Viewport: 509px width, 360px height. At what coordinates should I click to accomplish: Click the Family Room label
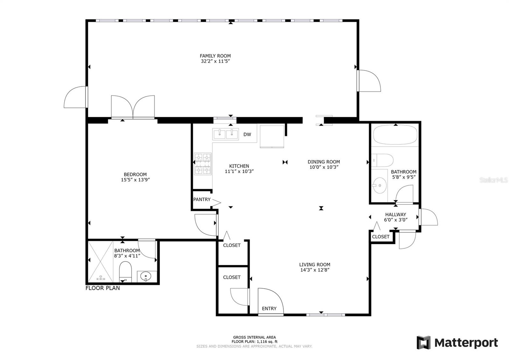coord(215,56)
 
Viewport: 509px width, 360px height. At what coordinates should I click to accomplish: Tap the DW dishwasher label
coord(247,134)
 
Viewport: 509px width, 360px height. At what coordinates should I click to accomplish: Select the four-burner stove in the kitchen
coord(203,164)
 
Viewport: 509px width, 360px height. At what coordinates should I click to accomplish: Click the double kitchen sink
coord(226,134)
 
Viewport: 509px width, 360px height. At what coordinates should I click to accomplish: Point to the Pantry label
coord(202,200)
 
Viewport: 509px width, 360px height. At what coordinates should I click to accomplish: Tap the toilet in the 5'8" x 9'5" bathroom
coord(383,160)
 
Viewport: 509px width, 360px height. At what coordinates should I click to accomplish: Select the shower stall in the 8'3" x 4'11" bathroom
coord(101,262)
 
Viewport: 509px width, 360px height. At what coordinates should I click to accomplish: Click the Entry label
coord(269,308)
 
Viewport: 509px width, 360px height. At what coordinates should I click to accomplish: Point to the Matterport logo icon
coord(423,342)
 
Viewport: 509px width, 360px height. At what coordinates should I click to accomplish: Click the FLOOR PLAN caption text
coord(102,288)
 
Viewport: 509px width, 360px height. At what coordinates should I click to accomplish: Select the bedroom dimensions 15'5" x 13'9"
coord(135,180)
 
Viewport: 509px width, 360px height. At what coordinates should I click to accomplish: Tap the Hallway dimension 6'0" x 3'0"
coord(396,220)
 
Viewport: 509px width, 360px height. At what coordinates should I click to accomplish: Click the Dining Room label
coord(324,162)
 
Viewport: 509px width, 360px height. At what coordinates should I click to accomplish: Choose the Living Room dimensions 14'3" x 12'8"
coord(315,270)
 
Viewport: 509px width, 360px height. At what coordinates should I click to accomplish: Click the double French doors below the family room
coord(133,108)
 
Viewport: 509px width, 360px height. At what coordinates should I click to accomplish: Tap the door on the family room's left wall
coord(76,97)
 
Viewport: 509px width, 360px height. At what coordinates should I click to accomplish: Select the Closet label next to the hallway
coord(380,236)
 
